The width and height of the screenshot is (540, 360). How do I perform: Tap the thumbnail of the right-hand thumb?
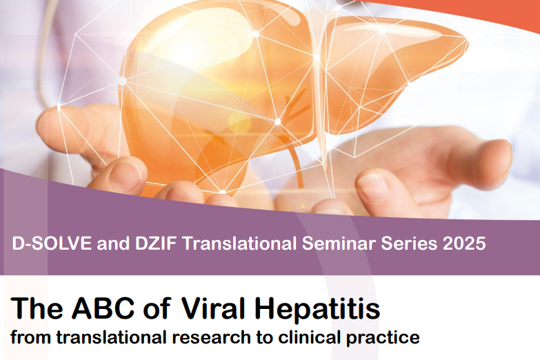pos(374,185)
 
